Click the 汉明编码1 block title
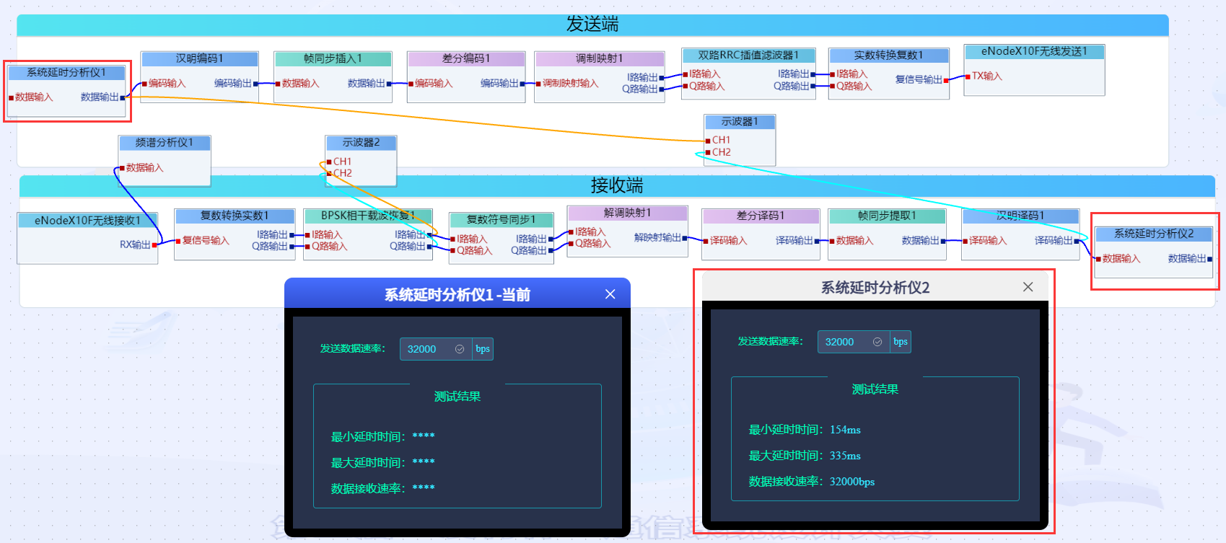click(199, 58)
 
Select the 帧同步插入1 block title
click(333, 58)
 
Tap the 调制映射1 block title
click(599, 58)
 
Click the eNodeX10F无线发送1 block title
click(1033, 51)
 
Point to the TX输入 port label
click(986, 76)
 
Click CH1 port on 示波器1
click(721, 140)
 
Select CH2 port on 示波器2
click(342, 173)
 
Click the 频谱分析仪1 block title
click(164, 143)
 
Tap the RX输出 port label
click(135, 244)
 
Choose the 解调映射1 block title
click(627, 213)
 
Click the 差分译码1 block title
click(761, 216)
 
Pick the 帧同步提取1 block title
click(887, 216)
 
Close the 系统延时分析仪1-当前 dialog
click(610, 294)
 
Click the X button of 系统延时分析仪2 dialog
click(1028, 287)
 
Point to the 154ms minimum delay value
click(845, 430)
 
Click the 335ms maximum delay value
click(845, 456)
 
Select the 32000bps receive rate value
click(851, 482)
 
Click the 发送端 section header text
click(592, 25)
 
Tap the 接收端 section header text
click(616, 186)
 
